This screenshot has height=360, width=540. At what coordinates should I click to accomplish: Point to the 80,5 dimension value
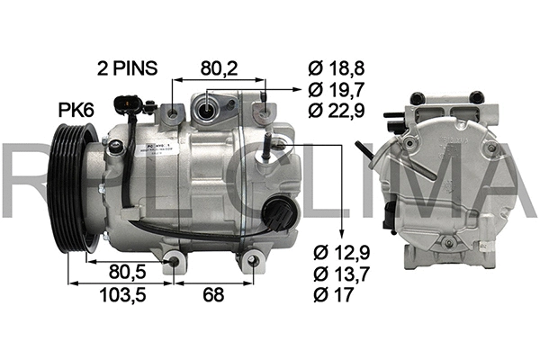(x=127, y=271)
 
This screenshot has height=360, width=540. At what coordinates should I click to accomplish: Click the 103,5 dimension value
(x=120, y=294)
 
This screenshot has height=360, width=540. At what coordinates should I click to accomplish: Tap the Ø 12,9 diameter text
(x=343, y=251)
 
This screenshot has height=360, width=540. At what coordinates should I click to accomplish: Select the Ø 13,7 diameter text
(x=343, y=272)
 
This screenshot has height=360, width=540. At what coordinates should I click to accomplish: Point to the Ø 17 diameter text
(x=335, y=292)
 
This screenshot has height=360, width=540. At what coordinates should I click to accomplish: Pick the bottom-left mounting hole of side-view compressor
(x=174, y=262)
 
